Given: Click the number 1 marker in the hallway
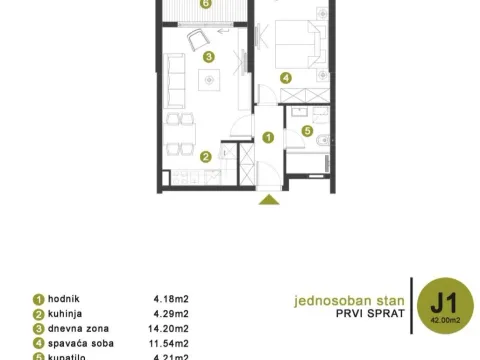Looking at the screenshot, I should click(x=268, y=137).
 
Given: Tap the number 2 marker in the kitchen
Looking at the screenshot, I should click(x=205, y=156).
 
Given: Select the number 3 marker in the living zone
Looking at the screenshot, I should click(x=208, y=57).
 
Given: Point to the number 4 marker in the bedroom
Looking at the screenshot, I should click(x=286, y=78).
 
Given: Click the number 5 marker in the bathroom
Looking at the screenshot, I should click(x=308, y=130).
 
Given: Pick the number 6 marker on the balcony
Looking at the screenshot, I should click(x=205, y=4).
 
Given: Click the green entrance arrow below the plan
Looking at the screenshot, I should click(x=268, y=201).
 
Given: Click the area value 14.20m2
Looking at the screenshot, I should click(x=170, y=328).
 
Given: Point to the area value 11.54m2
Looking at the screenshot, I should click(x=170, y=343).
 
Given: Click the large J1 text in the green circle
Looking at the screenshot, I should click(x=440, y=297).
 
